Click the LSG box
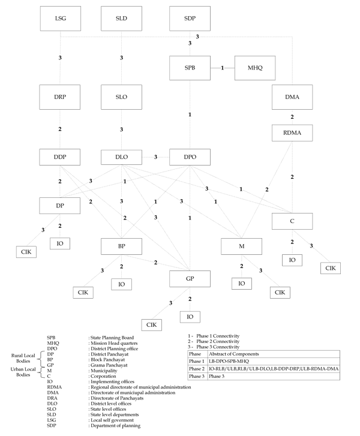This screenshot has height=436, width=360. [x=61, y=19]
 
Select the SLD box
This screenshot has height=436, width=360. [x=122, y=19]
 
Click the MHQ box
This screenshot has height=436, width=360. [x=256, y=68]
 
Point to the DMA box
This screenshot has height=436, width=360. [x=292, y=97]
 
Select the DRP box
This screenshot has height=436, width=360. [x=61, y=97]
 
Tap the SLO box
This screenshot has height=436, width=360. [x=122, y=97]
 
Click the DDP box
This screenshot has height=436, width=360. [x=61, y=157]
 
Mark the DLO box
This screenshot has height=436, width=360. [x=122, y=157]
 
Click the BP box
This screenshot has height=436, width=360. [x=122, y=246]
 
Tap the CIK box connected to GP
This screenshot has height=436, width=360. [x=152, y=324]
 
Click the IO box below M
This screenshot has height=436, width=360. [x=241, y=283]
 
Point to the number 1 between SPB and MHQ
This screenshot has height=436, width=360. [x=223, y=68]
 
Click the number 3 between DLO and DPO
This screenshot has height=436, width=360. [x=155, y=157]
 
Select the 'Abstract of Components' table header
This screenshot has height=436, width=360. [x=238, y=354]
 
